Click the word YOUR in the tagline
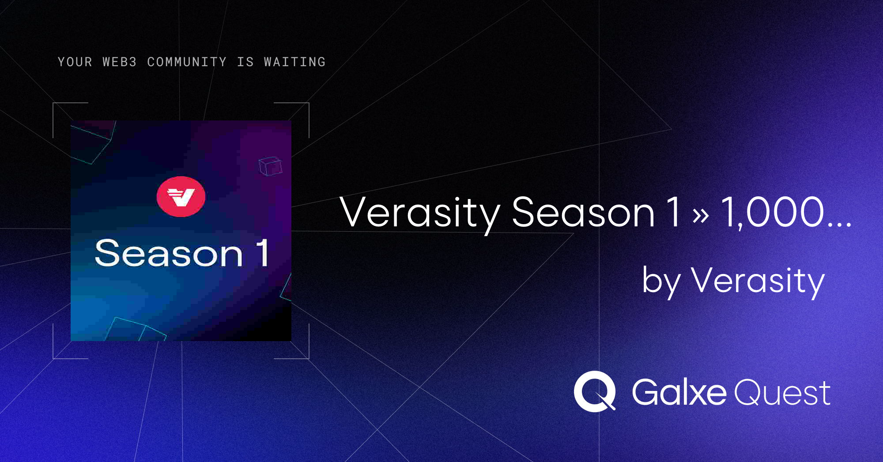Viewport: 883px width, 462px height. click(x=75, y=62)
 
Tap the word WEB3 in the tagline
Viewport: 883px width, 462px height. click(x=120, y=62)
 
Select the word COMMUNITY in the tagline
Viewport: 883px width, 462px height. click(x=187, y=62)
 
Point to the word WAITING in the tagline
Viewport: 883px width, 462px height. click(x=295, y=62)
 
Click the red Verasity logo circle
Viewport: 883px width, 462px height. click(x=181, y=196)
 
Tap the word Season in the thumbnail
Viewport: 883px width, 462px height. click(x=169, y=254)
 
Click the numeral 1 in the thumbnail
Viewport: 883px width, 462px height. click(x=262, y=252)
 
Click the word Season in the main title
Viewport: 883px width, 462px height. click(x=583, y=212)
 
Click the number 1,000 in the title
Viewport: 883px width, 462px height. click(x=773, y=213)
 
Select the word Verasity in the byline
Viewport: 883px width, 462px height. click(x=758, y=281)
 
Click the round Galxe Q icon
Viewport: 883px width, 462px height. click(x=595, y=391)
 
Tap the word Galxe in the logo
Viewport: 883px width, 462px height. click(x=679, y=392)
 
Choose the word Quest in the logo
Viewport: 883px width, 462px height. click(x=782, y=393)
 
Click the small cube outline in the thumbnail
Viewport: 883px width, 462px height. click(x=270, y=166)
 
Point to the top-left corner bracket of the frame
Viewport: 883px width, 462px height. click(x=53, y=103)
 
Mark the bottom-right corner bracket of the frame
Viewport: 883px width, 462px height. click(x=309, y=358)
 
